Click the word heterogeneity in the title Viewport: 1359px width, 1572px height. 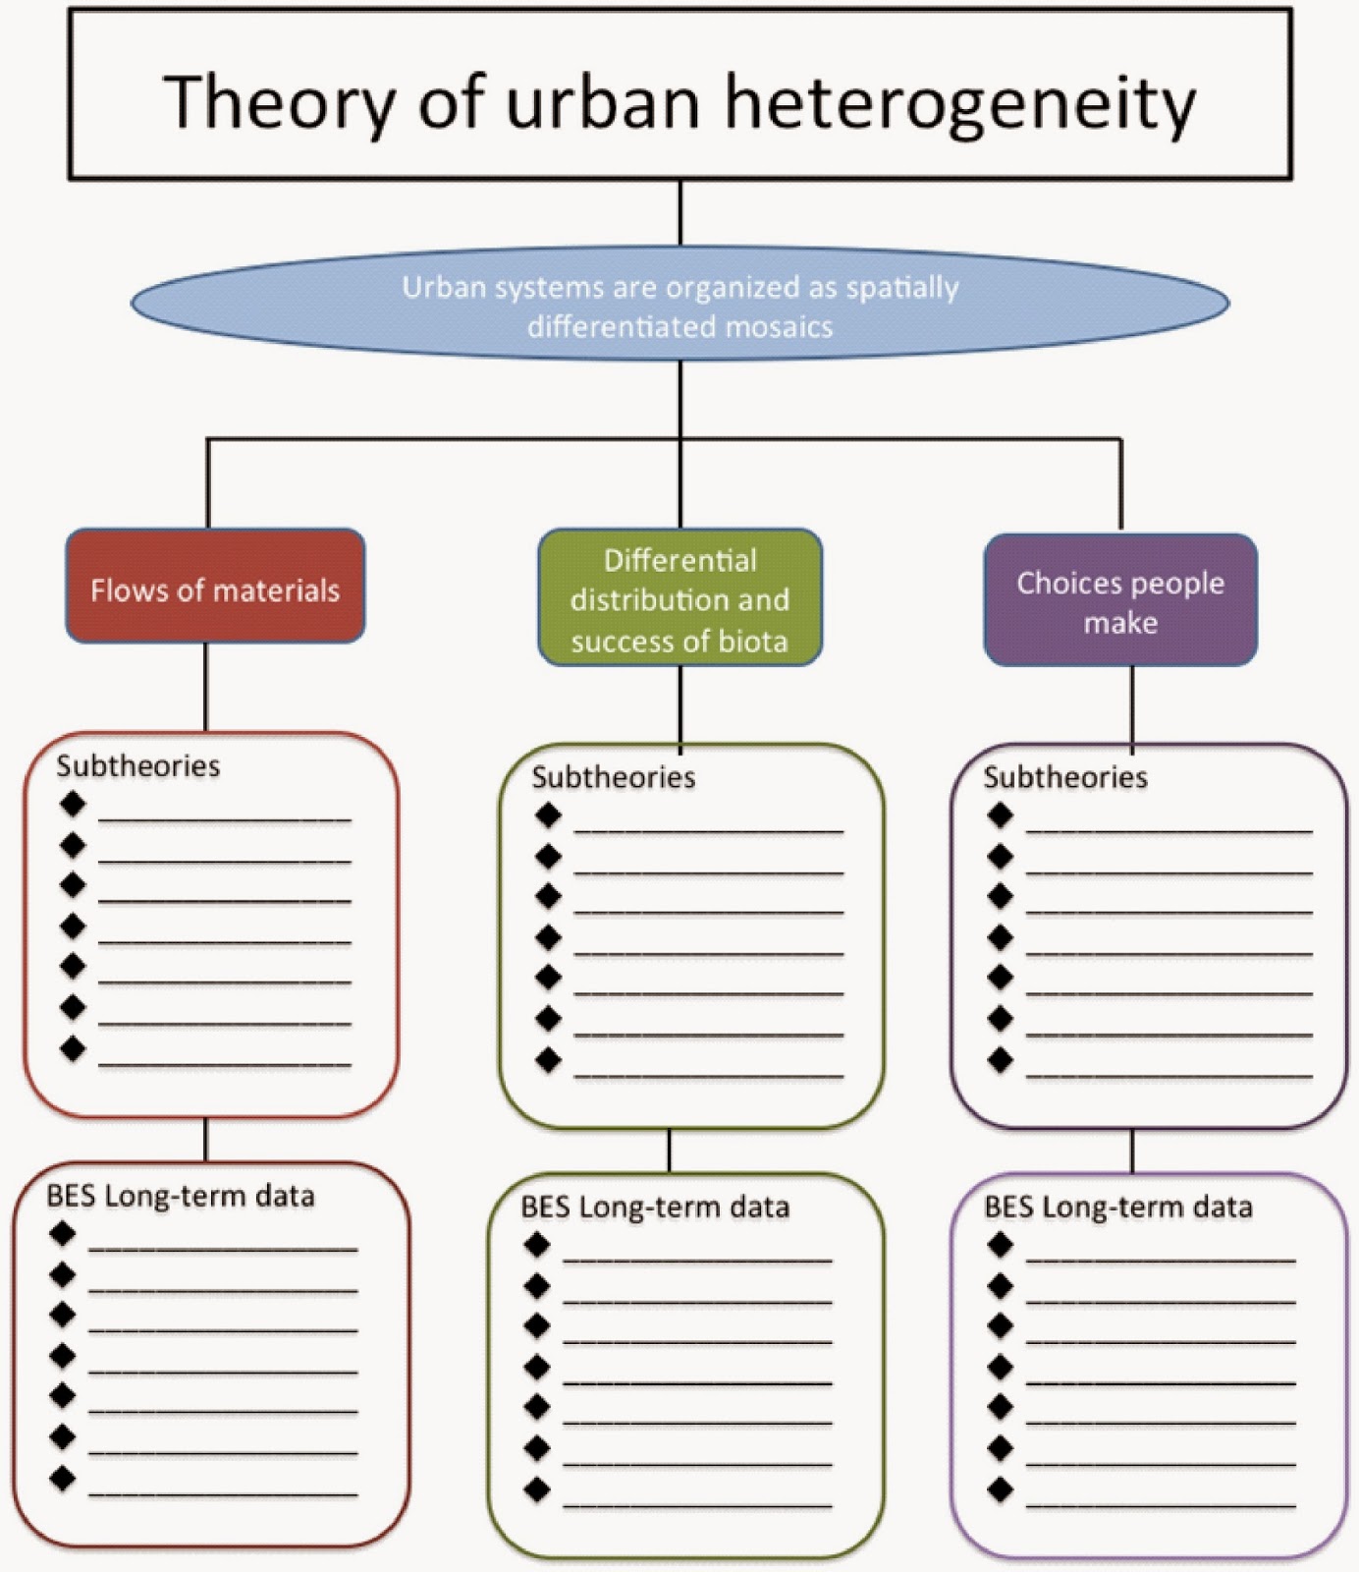[x=959, y=102]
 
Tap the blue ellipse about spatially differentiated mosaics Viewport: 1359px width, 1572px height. [x=679, y=305]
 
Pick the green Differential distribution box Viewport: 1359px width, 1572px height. [x=679, y=598]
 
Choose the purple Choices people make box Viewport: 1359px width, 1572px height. [x=1120, y=600]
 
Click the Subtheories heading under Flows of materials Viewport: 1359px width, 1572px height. [x=137, y=765]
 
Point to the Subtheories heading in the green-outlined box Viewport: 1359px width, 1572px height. [x=613, y=777]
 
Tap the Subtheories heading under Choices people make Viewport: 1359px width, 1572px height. [x=1065, y=777]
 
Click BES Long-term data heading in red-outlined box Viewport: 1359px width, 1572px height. [x=181, y=1195]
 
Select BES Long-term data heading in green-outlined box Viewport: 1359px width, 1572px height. [x=655, y=1207]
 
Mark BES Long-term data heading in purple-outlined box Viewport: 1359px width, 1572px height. [x=1118, y=1207]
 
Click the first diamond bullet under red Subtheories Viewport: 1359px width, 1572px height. [x=73, y=805]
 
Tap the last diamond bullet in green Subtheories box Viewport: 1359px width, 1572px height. [x=548, y=1060]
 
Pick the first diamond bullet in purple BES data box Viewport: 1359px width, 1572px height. [x=1001, y=1245]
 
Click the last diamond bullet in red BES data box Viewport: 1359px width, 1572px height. [x=63, y=1478]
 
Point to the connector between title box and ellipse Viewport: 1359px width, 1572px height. [x=679, y=212]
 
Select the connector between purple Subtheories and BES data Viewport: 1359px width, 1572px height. [x=1132, y=1151]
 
